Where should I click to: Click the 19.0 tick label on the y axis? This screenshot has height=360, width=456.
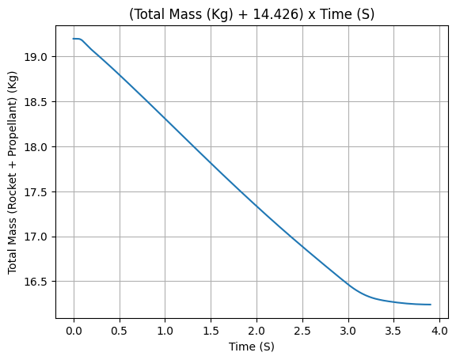coord(35,57)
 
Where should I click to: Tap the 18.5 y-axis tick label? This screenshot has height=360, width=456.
coord(35,102)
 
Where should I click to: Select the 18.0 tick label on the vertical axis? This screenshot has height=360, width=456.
coord(35,147)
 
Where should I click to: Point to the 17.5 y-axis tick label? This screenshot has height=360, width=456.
coord(35,192)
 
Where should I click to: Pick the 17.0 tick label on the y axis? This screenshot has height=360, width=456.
coord(35,237)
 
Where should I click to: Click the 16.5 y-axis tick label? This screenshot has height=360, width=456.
coord(35,282)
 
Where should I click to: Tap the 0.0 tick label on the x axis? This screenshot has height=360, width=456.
coord(74,331)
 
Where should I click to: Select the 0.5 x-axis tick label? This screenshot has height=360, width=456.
coord(120,331)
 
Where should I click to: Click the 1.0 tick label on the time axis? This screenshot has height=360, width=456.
coord(165,331)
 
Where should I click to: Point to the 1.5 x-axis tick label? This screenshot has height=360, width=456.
coord(211,331)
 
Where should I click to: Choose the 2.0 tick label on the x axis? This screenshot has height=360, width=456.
coord(256,331)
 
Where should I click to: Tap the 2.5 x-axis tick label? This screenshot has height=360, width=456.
coord(302,331)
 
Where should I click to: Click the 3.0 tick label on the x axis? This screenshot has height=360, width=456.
coord(348,331)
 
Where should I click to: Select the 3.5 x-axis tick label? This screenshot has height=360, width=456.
coord(393,331)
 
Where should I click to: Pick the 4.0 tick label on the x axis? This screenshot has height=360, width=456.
coord(439,331)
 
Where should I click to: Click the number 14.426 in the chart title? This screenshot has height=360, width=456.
coord(278,14)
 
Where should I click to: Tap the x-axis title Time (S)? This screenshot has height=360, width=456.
coord(252,347)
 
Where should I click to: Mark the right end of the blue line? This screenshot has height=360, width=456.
coord(431,305)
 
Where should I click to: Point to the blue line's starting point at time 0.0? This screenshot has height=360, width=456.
coord(74,39)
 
